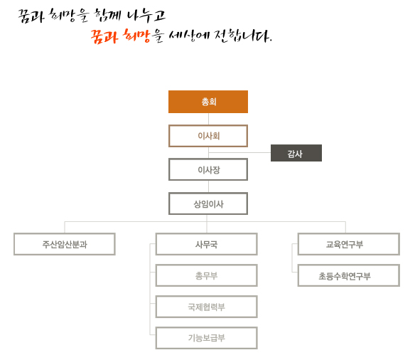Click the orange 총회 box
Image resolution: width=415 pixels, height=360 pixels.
208,102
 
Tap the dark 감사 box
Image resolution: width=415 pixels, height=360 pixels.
296,153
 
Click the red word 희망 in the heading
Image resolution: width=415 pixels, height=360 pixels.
136,36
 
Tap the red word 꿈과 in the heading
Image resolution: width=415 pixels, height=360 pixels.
104,36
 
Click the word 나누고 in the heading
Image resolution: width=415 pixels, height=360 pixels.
146,16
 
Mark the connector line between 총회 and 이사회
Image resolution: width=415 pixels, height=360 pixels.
208,119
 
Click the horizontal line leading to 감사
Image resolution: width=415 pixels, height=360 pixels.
239,152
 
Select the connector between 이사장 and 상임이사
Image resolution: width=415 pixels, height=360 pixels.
208,186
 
